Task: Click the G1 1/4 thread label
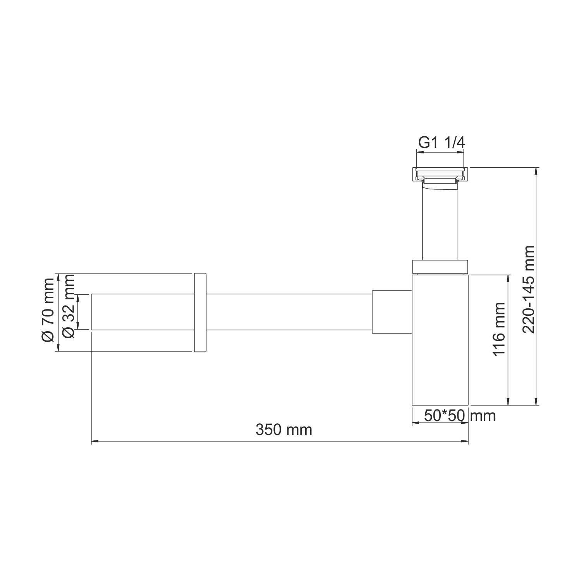441,143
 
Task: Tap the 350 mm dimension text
284,430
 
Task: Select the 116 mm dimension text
498,329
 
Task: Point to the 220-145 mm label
528,289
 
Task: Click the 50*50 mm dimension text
460,416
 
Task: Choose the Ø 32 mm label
68,306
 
